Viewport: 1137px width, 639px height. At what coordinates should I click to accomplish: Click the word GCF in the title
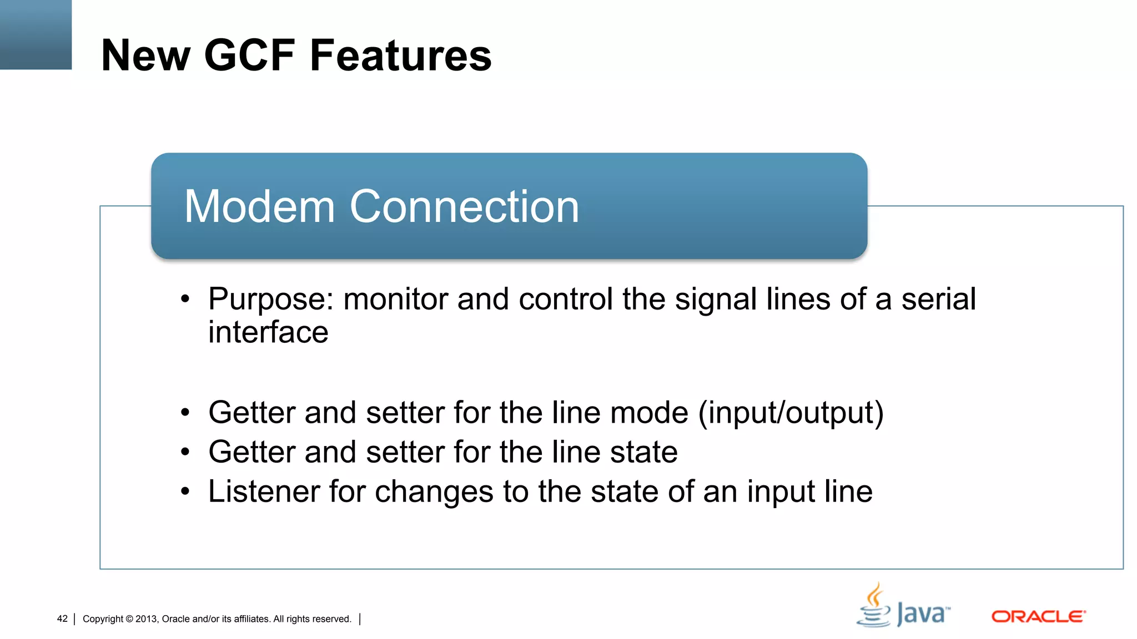coord(249,55)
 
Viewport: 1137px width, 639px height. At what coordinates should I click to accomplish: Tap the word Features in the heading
coord(400,55)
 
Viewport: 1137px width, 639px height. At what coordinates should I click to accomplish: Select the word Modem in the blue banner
coord(259,206)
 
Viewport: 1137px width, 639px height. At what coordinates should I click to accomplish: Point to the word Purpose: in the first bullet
coord(271,300)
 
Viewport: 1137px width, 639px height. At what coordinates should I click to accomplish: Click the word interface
coord(268,332)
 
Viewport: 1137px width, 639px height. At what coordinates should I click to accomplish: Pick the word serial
coord(938,300)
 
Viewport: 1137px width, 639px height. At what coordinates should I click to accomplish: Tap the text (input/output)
coord(791,413)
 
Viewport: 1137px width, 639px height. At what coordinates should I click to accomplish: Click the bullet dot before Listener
coord(185,491)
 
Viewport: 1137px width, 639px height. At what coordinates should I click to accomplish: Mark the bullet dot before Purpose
coord(185,300)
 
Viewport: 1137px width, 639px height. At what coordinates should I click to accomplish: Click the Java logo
coord(903,606)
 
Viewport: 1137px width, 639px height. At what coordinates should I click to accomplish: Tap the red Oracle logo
coord(1038,617)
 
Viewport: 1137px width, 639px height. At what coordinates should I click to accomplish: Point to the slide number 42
coord(62,619)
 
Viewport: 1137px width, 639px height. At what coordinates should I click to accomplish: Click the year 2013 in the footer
coord(147,619)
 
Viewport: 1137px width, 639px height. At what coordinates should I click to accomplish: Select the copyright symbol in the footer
coord(129,619)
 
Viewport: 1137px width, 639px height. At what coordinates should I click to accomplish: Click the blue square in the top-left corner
coord(36,34)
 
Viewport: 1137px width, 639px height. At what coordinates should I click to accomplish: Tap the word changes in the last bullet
coord(434,491)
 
